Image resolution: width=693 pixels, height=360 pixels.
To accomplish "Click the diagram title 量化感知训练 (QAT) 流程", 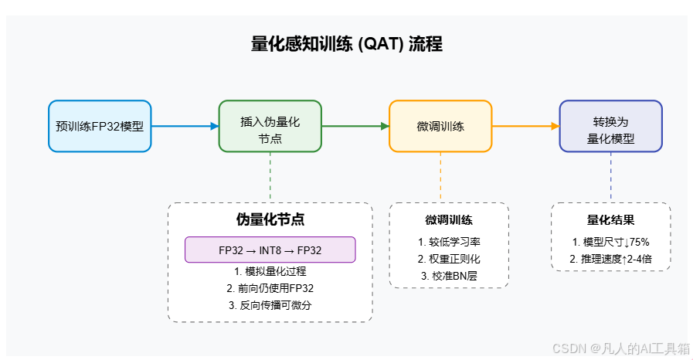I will point(347,44).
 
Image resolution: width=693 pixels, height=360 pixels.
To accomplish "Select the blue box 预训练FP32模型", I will point(100,126).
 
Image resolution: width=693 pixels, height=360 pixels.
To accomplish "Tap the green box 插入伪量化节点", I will point(270,126).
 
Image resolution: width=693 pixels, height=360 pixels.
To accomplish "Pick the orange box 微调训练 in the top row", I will point(440,126).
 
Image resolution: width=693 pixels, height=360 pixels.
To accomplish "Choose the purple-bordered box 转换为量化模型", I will point(610,126).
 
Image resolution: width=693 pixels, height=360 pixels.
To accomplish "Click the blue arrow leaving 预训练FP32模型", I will point(185,126).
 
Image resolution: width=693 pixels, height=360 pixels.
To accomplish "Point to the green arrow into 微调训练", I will point(355,126).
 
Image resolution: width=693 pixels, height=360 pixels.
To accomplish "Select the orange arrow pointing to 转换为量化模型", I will point(525,126).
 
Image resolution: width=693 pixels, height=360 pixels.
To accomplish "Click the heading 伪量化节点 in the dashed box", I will point(270,219).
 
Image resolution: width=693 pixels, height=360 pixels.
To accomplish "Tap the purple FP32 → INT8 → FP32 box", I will point(270,250).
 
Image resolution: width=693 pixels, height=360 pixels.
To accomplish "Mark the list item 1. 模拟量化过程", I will point(270,271).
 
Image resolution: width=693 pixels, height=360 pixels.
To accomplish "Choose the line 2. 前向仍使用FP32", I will point(270,288).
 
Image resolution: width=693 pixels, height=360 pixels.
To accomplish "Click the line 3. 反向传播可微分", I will point(270,305).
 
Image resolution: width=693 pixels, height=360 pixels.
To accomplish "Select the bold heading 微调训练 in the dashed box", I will point(449,220).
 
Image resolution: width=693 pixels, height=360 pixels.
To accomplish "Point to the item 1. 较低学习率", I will point(449,242).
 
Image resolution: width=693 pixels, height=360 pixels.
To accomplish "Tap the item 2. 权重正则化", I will point(449,259).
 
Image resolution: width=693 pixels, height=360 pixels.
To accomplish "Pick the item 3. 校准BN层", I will point(449,276).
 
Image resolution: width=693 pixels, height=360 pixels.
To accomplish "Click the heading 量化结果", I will point(610,220).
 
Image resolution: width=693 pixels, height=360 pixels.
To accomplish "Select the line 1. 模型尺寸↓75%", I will point(610,242).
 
